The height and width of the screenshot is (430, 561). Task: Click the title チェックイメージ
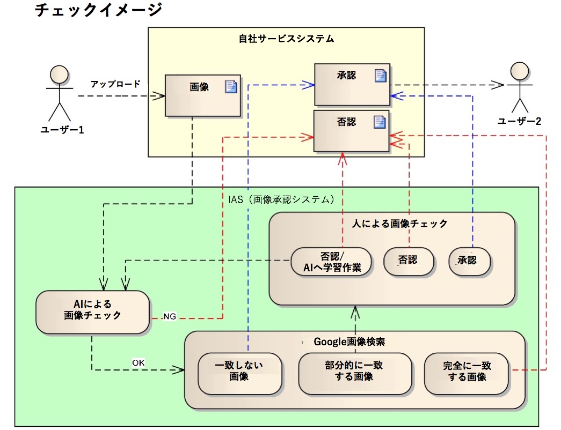(98, 10)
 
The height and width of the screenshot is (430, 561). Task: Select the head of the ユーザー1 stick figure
(59, 75)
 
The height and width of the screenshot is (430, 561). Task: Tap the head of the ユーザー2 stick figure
(520, 71)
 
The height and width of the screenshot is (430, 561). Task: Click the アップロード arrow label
(115, 84)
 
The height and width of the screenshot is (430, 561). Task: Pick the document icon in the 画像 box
(231, 86)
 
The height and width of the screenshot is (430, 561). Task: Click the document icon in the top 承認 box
(380, 76)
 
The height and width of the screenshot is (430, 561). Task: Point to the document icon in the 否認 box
(380, 122)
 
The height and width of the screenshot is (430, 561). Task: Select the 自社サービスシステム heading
(286, 39)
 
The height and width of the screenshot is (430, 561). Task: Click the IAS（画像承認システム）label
(281, 199)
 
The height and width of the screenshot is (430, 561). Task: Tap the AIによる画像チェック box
(92, 312)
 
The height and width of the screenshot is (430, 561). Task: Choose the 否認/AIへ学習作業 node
(331, 262)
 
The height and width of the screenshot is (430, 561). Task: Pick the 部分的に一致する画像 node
(355, 374)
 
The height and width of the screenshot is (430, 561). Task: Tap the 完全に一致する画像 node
(466, 374)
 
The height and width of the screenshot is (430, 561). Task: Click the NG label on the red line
(170, 316)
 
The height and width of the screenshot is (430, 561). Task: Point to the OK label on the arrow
(139, 363)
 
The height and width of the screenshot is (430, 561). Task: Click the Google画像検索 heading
(349, 342)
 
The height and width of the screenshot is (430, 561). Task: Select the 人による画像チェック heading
(399, 224)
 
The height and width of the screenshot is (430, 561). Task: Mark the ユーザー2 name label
(519, 121)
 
